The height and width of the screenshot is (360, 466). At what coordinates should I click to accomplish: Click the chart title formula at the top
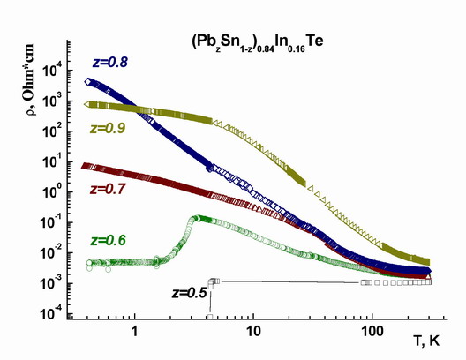click(x=258, y=43)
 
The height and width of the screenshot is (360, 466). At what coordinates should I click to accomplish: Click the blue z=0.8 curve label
click(x=110, y=63)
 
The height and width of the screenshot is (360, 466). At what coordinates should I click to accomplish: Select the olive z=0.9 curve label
click(x=108, y=128)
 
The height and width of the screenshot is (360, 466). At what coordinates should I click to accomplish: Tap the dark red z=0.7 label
click(x=108, y=189)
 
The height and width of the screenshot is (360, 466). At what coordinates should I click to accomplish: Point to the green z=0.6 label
click(x=109, y=240)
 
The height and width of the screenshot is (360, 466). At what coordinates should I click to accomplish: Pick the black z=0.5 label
click(x=189, y=293)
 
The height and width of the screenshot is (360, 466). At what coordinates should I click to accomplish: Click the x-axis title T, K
click(x=426, y=341)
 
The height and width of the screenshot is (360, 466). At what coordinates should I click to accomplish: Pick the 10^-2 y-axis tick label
click(x=51, y=252)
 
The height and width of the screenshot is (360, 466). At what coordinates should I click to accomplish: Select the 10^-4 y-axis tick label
click(x=51, y=313)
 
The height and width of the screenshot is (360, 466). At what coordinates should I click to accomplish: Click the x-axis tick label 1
click(x=135, y=331)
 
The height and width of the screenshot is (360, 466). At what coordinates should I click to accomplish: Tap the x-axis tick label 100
click(x=372, y=331)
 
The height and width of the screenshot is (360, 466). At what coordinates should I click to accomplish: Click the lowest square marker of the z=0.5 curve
click(x=210, y=317)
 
